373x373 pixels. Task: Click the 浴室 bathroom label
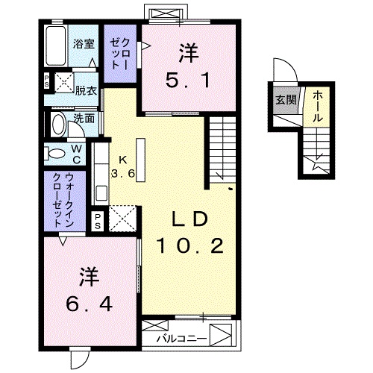84,44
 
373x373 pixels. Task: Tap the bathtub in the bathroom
56,47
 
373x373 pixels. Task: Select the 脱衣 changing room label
86,90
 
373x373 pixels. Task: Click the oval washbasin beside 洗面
57,122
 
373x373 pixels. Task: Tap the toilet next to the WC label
57,153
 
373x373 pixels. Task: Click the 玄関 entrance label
283,98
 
